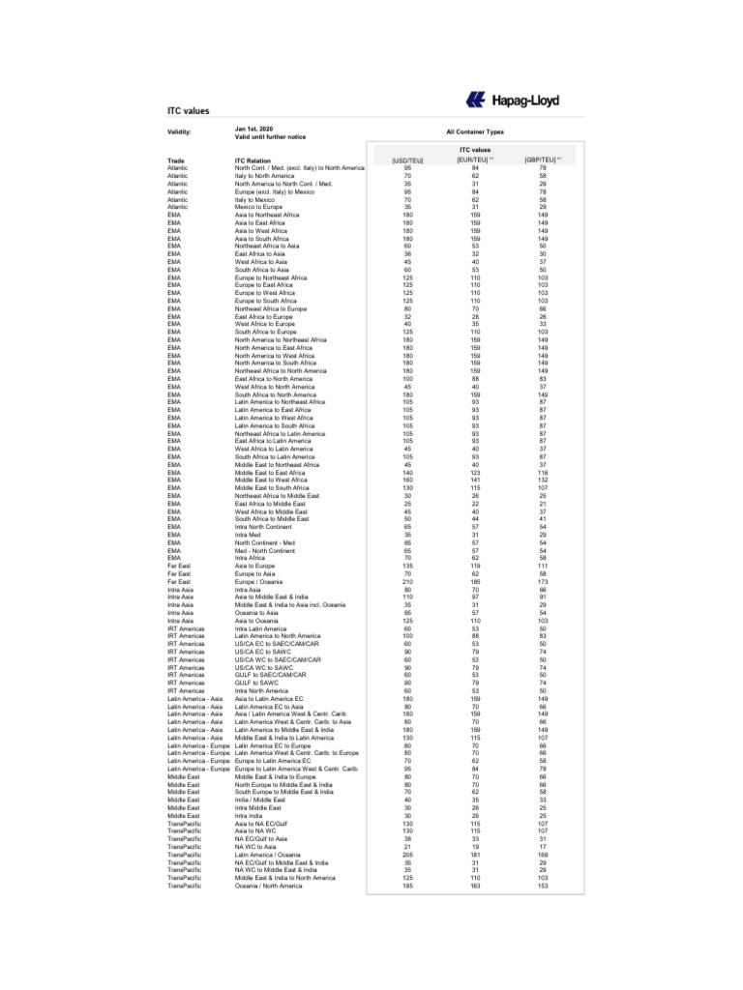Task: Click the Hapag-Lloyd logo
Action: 512,100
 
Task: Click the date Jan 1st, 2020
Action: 253,128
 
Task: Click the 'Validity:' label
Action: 179,131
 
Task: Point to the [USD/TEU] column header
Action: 407,160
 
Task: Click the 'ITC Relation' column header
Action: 253,160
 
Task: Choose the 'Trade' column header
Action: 175,160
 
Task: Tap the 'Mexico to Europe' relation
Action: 258,206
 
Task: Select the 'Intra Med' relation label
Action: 249,535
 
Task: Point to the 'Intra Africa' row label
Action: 250,558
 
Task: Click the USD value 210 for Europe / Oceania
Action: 407,581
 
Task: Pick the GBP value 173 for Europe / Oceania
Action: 543,581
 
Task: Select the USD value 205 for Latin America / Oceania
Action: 407,855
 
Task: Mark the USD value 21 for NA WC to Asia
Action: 407,847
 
